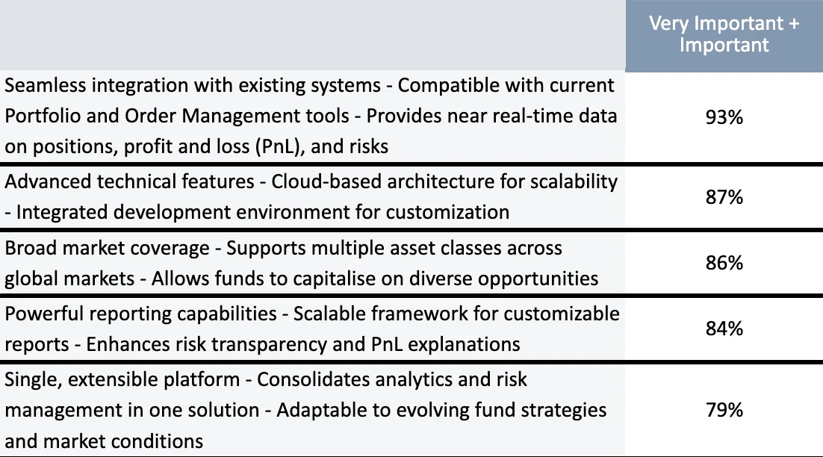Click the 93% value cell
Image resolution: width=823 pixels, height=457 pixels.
[x=724, y=117]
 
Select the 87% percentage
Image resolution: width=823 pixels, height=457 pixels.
[x=724, y=196]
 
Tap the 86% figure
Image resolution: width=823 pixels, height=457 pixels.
[x=724, y=262]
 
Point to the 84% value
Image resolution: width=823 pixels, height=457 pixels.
[x=724, y=329]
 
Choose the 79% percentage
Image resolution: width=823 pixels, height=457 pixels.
[x=724, y=410]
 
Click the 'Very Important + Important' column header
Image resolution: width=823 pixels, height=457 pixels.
[x=724, y=34]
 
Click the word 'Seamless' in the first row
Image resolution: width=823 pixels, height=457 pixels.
[x=45, y=85]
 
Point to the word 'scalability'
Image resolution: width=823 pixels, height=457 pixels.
[x=574, y=182]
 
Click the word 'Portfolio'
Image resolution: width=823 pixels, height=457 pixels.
[x=43, y=116]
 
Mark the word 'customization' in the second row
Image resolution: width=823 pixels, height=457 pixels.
[x=447, y=212]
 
